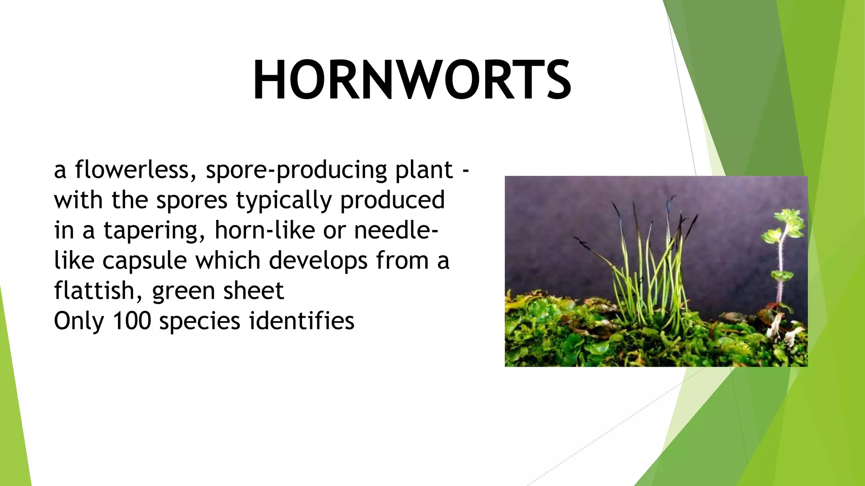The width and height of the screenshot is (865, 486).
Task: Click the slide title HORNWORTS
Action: pos(412,80)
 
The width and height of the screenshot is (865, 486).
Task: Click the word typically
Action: pos(284,200)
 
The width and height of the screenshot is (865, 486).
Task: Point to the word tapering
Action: pos(155,231)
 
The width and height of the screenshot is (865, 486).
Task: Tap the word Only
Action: pos(79,321)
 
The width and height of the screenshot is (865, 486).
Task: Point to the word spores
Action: pos(192,201)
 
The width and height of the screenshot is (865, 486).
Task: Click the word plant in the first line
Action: pos(424,170)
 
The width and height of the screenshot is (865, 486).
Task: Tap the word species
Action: pos(200,321)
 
